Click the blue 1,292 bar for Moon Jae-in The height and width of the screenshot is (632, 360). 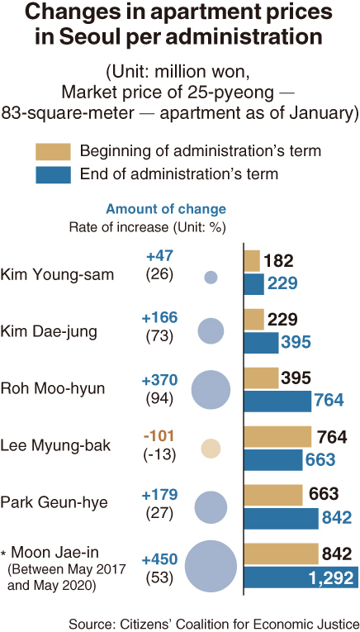(x=301, y=577)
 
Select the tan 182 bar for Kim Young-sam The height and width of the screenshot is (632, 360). (x=252, y=261)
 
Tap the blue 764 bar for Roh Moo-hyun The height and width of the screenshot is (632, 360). (x=277, y=401)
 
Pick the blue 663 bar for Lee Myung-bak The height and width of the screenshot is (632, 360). (x=273, y=460)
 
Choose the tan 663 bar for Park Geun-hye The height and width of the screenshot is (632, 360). (x=273, y=495)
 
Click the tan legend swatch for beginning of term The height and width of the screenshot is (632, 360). (x=53, y=151)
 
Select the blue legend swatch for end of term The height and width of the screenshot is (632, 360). (x=53, y=174)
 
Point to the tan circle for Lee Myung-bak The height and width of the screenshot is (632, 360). (x=211, y=449)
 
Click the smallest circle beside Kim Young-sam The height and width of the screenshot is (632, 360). (x=211, y=277)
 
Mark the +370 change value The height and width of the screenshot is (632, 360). (x=159, y=380)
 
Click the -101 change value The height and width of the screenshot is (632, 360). (x=159, y=435)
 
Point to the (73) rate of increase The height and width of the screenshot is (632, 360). (x=159, y=336)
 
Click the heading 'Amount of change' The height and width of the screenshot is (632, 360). (x=165, y=209)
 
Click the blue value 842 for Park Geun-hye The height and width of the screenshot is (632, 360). (x=336, y=518)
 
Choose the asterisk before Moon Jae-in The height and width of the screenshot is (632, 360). (x=3, y=551)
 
